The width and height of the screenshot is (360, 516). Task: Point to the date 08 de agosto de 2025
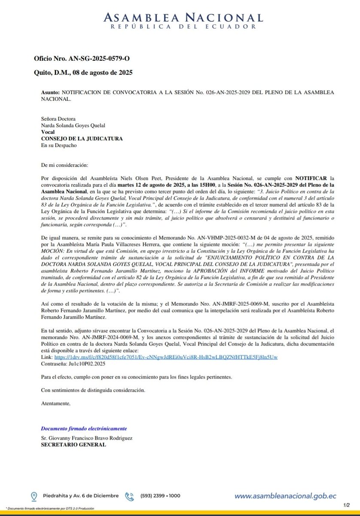tap(103, 73)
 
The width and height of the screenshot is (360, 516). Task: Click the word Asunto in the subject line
tap(51, 92)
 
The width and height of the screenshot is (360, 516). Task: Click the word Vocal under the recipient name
tap(48, 132)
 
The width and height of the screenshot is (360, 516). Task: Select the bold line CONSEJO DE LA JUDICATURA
tap(82, 138)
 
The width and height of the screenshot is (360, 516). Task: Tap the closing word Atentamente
tap(55, 403)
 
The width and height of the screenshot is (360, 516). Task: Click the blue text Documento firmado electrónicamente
tap(84, 429)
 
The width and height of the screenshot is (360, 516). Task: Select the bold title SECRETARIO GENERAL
tap(70, 445)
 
